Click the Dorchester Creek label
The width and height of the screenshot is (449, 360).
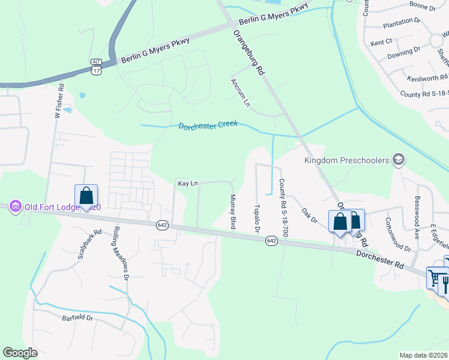[x=208, y=125]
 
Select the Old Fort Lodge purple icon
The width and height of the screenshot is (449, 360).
[x=16, y=207]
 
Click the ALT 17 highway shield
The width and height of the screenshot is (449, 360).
[x=97, y=66]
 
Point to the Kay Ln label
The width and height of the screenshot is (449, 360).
[x=187, y=183]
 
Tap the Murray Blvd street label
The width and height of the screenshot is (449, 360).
[x=232, y=211]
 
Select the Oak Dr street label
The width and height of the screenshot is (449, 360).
[x=309, y=216]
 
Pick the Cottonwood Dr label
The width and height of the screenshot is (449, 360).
[x=397, y=235]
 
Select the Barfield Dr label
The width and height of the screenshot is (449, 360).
[x=77, y=318]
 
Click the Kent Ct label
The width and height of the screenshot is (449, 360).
[x=381, y=42]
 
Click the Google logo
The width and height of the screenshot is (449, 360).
[x=20, y=353]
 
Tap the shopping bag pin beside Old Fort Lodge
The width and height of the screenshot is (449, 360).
[x=86, y=196]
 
